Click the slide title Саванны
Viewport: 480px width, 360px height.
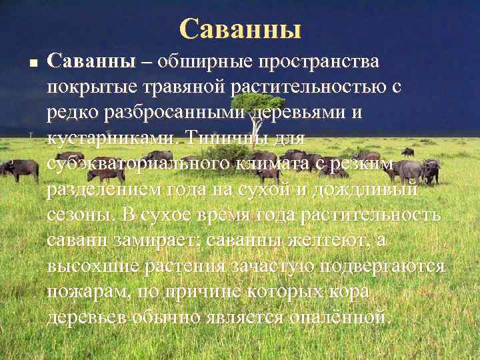[240, 28]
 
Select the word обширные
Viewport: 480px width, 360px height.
[206, 62]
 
